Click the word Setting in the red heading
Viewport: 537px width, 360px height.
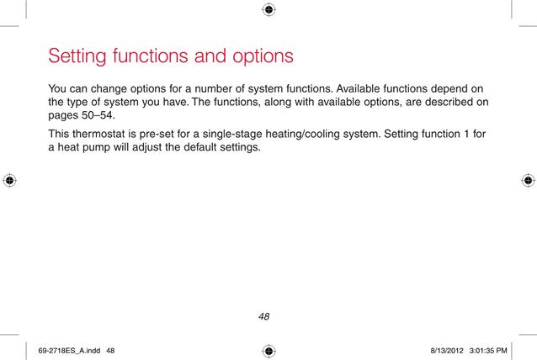[77, 56]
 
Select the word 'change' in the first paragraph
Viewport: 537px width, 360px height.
[109, 89]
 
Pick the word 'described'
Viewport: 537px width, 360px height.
[449, 102]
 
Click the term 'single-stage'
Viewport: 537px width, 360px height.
[232, 134]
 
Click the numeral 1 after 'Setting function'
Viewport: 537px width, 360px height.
[466, 134]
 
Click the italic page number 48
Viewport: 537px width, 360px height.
[264, 316]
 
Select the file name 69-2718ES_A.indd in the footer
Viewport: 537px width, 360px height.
[69, 351]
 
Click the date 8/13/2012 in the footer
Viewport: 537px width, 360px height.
[447, 351]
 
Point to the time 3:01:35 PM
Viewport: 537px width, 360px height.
[488, 351]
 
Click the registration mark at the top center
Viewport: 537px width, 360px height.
[268, 9]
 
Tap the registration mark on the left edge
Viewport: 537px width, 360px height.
[9, 180]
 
